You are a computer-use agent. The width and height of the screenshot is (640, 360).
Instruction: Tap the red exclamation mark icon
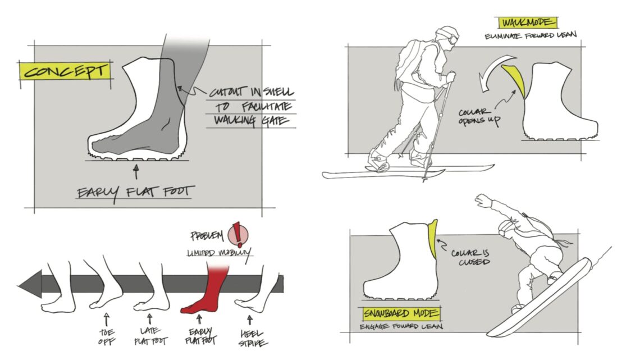click(237, 234)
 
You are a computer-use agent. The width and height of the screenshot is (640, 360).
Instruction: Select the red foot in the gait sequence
click(204, 290)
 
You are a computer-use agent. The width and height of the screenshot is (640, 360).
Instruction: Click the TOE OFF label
click(107, 337)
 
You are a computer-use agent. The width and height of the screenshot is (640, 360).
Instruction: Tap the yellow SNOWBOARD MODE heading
click(401, 313)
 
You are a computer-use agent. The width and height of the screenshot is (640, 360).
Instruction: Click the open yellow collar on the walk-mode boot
click(514, 78)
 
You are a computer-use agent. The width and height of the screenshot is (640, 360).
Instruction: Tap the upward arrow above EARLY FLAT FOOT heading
click(136, 172)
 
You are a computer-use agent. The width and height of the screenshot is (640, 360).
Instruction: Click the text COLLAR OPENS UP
click(479, 116)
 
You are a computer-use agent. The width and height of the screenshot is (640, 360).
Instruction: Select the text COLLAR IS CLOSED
click(470, 257)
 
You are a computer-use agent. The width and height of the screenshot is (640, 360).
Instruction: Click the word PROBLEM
click(207, 235)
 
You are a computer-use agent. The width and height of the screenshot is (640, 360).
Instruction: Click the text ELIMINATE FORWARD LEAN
click(531, 36)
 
